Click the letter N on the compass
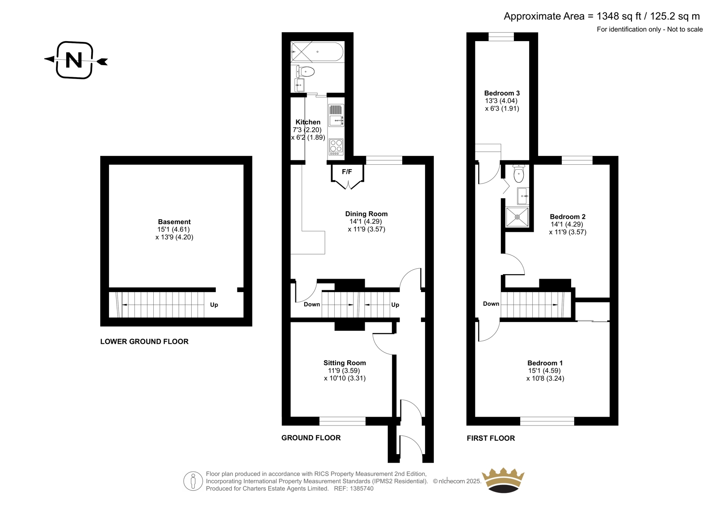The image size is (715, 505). click(x=74, y=60)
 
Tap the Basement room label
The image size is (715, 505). click(x=174, y=222)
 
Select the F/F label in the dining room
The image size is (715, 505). click(x=347, y=172)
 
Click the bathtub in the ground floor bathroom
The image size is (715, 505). click(x=317, y=52)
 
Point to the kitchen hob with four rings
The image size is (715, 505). click(x=336, y=147)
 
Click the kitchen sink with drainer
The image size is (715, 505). click(x=336, y=116)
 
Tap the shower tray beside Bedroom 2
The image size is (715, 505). click(x=517, y=217)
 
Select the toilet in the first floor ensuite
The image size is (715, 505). click(x=519, y=174)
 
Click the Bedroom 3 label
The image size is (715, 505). click(x=502, y=93)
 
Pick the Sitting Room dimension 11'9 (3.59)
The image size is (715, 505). click(x=344, y=371)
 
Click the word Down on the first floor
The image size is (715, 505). click(x=491, y=304)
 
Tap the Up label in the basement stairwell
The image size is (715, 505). click(x=214, y=305)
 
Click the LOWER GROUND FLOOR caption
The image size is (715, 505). click(x=144, y=342)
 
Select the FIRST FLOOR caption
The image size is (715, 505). click(x=491, y=438)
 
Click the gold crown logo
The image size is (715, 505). click(x=503, y=480)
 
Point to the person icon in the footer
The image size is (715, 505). click(x=193, y=481)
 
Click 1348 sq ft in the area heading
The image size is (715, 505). click(x=619, y=16)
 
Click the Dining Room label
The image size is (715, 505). click(x=366, y=214)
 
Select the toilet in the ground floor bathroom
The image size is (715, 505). click(x=306, y=71)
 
